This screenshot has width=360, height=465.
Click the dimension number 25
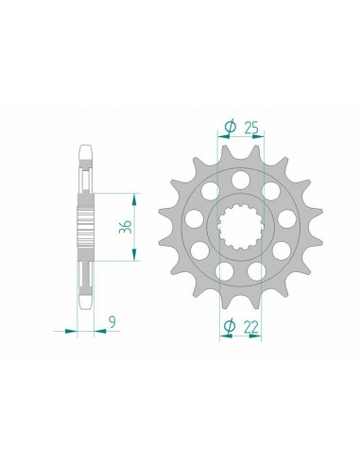250,125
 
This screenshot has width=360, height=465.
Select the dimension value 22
250,327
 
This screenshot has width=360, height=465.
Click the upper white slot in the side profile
85,176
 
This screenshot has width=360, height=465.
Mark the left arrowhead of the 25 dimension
223,135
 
